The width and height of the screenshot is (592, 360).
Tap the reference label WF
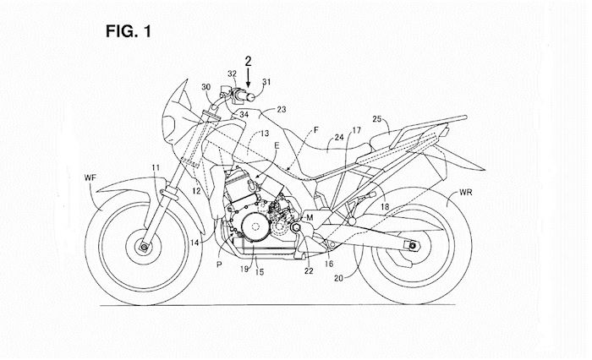91,177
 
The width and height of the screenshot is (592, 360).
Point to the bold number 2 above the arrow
248,59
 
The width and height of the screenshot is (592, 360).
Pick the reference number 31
268,82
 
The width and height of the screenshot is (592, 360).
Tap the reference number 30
206,88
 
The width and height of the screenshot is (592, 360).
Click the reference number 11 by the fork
155,170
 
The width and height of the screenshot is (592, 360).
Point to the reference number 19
244,270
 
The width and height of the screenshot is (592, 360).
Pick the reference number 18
386,206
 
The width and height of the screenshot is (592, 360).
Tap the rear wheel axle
415,247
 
